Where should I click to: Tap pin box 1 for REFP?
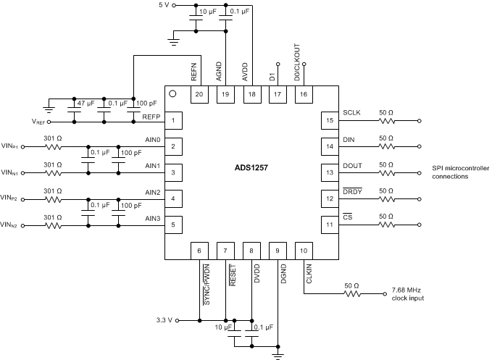(173, 120)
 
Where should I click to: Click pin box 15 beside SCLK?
(330, 120)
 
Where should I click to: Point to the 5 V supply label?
(164, 6)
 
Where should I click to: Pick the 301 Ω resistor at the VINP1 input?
(54, 146)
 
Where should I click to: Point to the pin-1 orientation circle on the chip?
(172, 93)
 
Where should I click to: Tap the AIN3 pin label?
(152, 218)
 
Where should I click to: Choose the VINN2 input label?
(10, 225)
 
